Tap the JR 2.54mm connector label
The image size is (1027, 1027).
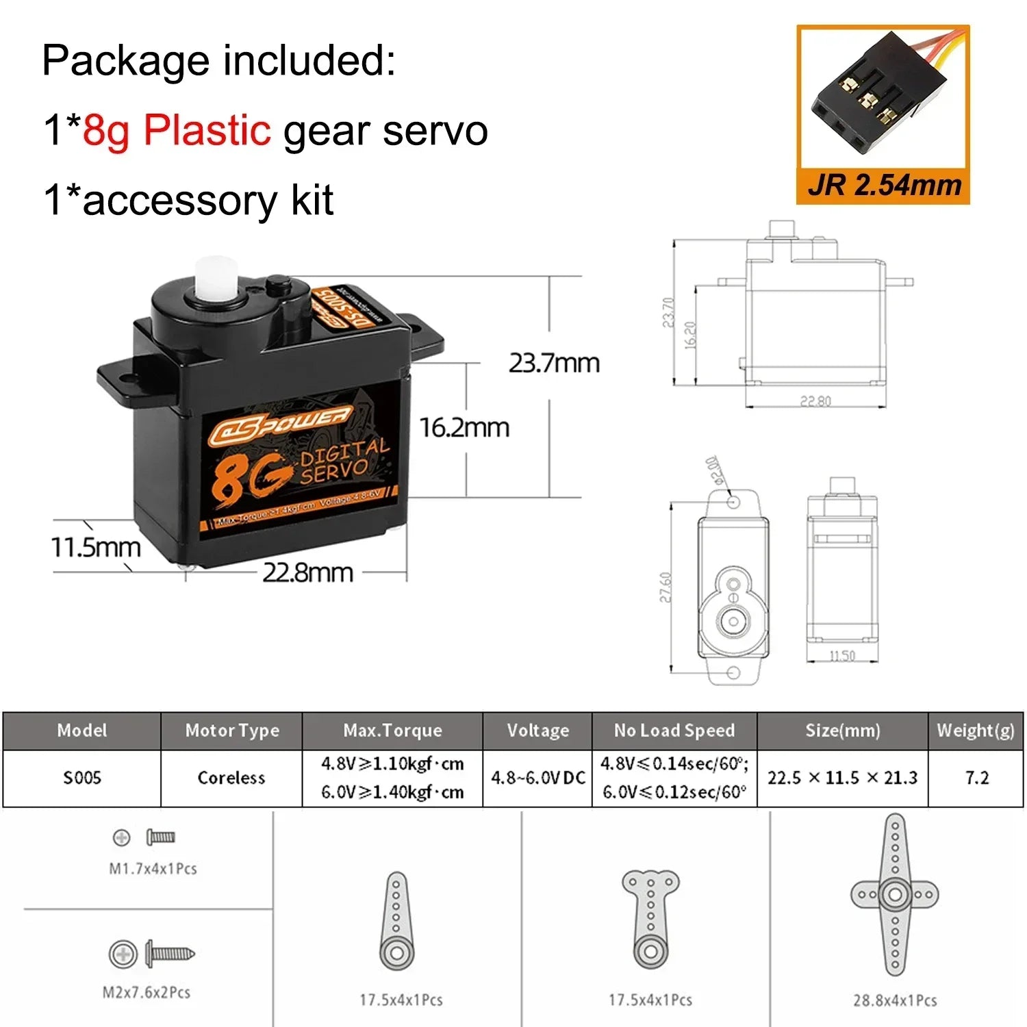(x=884, y=186)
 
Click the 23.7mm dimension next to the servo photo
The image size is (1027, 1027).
(x=553, y=363)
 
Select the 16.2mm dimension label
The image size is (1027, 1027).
(x=464, y=428)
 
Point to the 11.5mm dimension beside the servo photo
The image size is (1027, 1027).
(x=96, y=547)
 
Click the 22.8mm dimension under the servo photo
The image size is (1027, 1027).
(x=307, y=572)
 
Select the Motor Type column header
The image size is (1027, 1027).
(x=231, y=731)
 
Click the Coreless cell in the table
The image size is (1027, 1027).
(x=231, y=778)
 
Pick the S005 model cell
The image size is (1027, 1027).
(x=82, y=778)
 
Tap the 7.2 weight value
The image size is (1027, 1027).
(x=976, y=778)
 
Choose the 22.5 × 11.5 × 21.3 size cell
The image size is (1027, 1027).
(x=842, y=778)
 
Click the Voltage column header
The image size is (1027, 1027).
(x=537, y=731)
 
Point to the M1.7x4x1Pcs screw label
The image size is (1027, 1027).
(x=153, y=869)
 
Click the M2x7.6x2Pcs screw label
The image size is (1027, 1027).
(x=147, y=992)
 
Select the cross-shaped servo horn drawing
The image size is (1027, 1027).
(x=894, y=894)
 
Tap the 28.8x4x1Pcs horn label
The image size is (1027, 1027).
(x=894, y=1000)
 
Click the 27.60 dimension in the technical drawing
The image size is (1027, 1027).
(x=665, y=587)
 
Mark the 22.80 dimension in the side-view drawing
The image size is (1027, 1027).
(x=815, y=401)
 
